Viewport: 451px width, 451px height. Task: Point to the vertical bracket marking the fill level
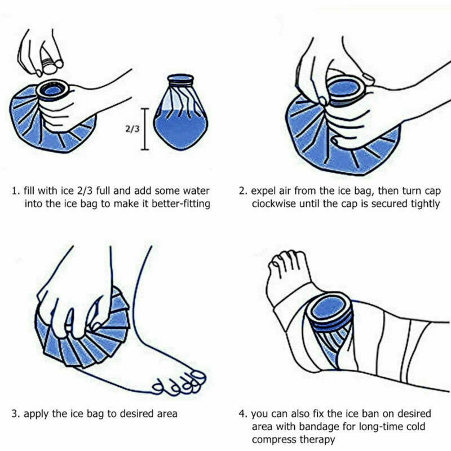pos(145,129)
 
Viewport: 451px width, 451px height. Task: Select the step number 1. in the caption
pos(15,190)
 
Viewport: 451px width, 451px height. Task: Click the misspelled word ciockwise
pos(277,204)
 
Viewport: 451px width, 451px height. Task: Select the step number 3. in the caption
pos(15,413)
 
